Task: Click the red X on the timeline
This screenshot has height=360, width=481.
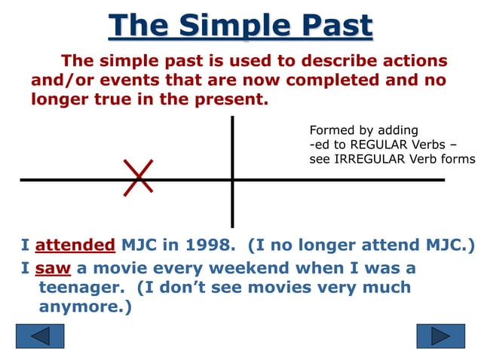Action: click(x=139, y=178)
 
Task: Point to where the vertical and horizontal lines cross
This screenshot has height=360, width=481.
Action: click(x=232, y=179)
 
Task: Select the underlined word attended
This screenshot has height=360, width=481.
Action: click(x=75, y=245)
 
